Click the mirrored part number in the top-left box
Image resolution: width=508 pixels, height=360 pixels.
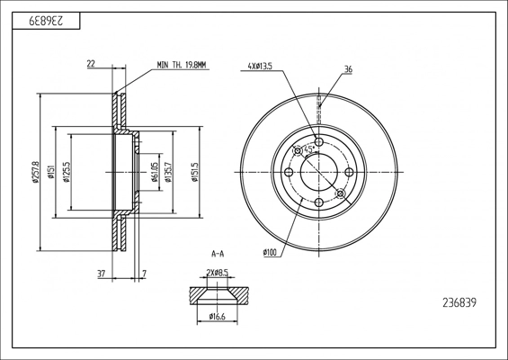[46, 21]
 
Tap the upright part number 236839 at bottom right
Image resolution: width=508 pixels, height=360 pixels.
[459, 303]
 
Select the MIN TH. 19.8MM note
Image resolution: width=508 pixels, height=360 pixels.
[181, 65]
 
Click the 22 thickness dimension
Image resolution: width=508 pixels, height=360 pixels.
[91, 64]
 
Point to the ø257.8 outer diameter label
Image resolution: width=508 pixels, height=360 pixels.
[35, 172]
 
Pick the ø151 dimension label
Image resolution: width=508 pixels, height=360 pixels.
[50, 172]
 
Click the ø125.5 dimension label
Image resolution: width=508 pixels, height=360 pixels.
[67, 172]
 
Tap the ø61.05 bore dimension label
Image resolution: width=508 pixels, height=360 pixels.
[155, 172]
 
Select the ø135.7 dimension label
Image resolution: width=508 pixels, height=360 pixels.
[168, 172]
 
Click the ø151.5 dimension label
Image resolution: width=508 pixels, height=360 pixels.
[195, 172]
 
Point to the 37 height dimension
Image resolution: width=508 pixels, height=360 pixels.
[102, 274]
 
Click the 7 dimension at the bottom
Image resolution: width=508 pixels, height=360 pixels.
[145, 274]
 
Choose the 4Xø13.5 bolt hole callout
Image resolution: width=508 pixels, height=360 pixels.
[260, 67]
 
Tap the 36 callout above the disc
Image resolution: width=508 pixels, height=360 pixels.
[348, 69]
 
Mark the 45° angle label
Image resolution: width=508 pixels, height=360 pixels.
[308, 149]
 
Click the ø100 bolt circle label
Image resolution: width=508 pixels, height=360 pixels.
[271, 252]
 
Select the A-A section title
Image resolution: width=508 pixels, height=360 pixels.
[218, 254]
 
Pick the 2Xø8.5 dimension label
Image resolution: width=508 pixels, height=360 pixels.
[217, 273]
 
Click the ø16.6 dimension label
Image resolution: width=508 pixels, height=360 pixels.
[217, 316]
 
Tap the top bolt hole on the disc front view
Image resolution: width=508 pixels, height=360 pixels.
[319, 141]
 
